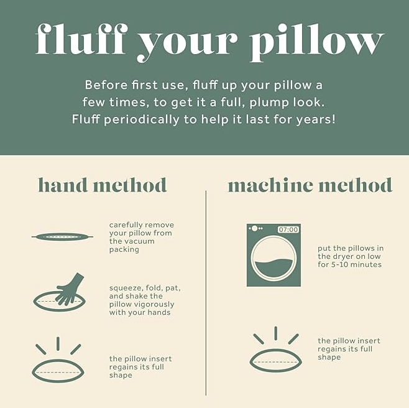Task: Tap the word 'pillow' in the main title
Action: coord(316,42)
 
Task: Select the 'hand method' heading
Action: coord(102,185)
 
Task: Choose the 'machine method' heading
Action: coord(310,185)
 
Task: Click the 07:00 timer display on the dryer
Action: coord(288,229)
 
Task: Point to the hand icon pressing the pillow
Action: coord(70,289)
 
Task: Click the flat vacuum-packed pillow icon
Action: coord(62,237)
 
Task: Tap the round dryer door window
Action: coord(273,258)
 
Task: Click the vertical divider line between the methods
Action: coord(206,293)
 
